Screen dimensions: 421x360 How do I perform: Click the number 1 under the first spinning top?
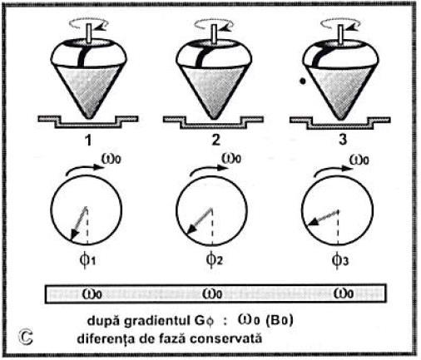tap(88, 140)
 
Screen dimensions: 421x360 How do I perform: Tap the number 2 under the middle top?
tap(215, 140)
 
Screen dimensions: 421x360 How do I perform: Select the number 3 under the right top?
tap(343, 139)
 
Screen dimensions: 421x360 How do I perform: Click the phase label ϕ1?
tap(87, 260)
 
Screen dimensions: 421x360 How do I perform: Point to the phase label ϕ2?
tap(214, 259)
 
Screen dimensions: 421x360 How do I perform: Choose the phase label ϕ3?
tap(340, 259)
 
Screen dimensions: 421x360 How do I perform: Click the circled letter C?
tap(26, 337)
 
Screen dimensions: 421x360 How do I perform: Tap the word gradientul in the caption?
tap(156, 321)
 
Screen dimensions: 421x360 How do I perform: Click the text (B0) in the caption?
tap(280, 321)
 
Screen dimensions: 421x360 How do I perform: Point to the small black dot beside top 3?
tap(303, 81)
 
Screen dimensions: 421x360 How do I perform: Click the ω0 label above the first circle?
tap(111, 159)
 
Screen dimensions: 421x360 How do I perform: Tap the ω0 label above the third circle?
tap(359, 160)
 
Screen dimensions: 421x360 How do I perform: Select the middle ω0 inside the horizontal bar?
tap(212, 293)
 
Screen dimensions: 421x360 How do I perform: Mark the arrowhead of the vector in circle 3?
tap(312, 222)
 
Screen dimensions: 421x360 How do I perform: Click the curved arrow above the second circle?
tap(208, 170)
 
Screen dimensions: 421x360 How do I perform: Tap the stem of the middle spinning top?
tap(214, 33)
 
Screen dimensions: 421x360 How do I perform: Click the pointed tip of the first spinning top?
tap(89, 117)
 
